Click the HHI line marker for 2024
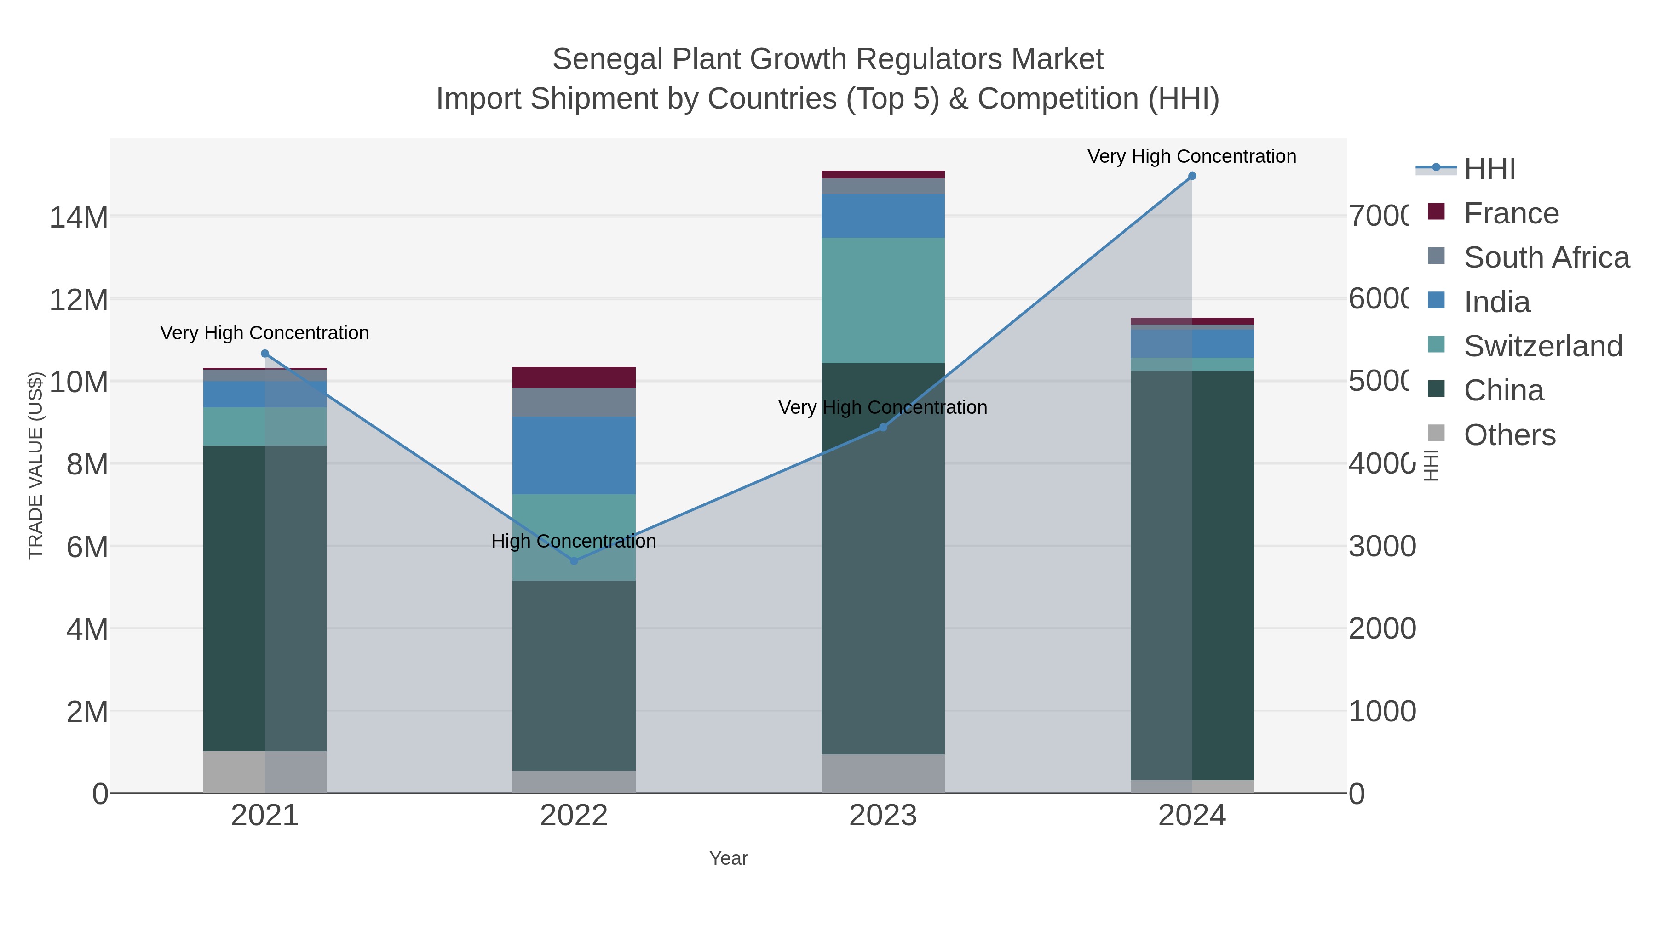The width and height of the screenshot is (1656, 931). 1192,176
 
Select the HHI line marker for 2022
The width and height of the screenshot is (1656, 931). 574,561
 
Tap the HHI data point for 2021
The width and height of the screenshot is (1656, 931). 265,354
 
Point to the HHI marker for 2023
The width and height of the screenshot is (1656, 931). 883,427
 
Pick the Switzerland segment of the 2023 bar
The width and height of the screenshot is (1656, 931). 883,300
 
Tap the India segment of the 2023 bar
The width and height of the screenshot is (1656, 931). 883,216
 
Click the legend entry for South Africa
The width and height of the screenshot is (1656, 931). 1546,257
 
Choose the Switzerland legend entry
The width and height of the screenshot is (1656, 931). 1543,346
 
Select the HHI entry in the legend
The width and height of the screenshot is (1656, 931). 1489,169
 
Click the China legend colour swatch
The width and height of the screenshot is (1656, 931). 1436,388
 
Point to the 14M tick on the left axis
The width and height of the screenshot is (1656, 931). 78,217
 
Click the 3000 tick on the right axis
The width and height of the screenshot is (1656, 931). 1382,546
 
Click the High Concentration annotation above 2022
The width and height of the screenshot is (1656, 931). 574,541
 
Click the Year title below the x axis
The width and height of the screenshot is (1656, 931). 728,858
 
